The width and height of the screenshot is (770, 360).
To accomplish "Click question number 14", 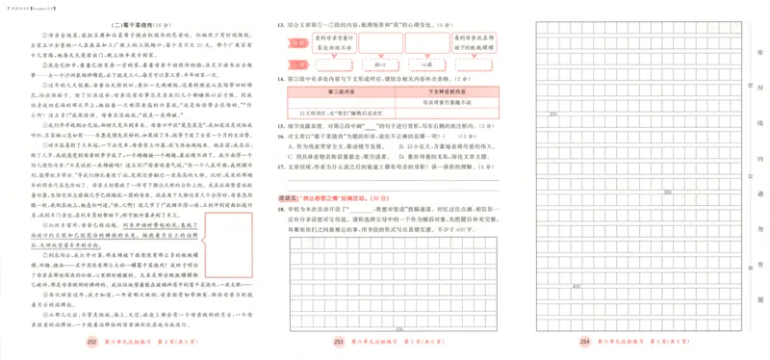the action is coord(280,78).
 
